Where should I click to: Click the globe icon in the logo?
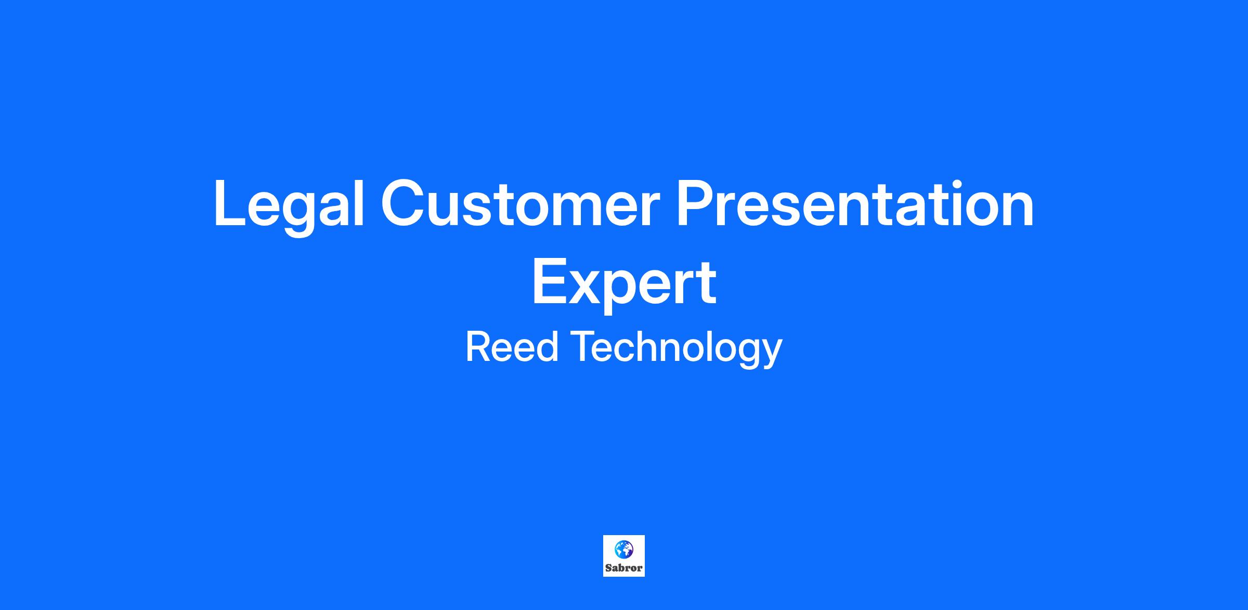coord(623,548)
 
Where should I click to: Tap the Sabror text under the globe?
coord(624,567)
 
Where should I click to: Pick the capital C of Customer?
coord(404,203)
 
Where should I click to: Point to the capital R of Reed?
coord(478,347)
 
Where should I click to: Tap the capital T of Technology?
coord(583,347)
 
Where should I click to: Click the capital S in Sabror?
coord(608,567)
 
